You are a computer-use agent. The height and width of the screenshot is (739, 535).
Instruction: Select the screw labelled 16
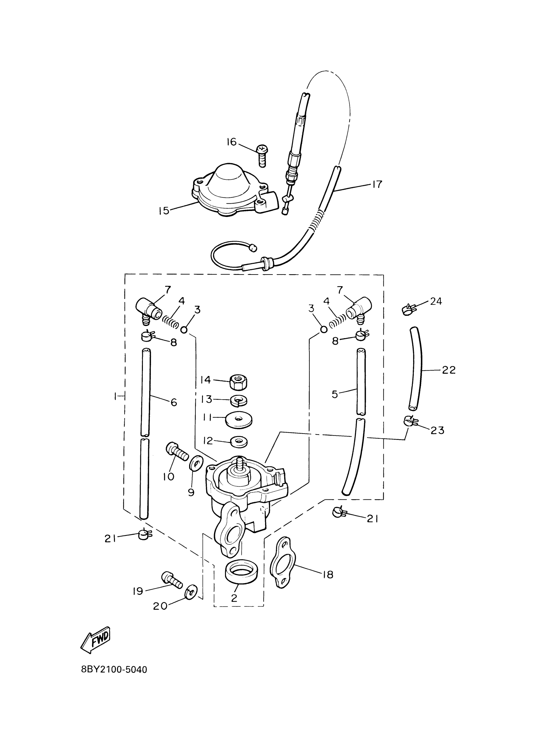click(262, 156)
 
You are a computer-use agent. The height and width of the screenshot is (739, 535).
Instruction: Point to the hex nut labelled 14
click(237, 381)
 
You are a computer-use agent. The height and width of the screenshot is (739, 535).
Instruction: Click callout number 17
click(377, 185)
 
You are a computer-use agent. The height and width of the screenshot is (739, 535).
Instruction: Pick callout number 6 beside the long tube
click(173, 402)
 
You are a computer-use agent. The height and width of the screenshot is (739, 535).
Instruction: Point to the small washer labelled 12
click(238, 442)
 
